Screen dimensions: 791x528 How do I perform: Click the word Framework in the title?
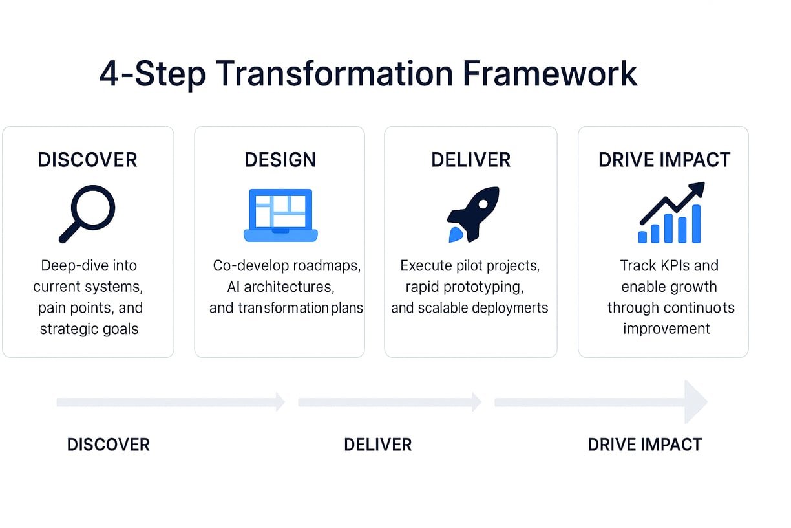coord(550,74)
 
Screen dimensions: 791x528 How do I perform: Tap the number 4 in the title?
coord(109,74)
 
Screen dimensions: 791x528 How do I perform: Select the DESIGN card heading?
coord(280,159)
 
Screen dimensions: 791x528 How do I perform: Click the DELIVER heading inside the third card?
coord(470,159)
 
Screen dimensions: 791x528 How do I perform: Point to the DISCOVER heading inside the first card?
coord(88,159)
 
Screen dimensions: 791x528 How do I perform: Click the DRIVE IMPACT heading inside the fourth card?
coord(664,159)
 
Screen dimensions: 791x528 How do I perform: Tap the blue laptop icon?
coord(280,215)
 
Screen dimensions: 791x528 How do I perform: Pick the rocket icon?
coord(473,214)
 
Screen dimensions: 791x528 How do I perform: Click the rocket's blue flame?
coord(455,235)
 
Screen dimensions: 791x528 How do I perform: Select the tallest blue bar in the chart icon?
coord(696,224)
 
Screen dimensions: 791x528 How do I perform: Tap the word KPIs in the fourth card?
coord(668,265)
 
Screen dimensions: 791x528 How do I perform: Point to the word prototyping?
coord(483,287)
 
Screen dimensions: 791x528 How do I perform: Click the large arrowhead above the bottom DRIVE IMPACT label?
coord(695,402)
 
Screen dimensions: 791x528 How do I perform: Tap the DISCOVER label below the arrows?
coord(109,445)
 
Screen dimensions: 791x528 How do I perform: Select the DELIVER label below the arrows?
coord(378,445)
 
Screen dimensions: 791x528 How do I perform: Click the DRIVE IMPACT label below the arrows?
coord(645,445)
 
